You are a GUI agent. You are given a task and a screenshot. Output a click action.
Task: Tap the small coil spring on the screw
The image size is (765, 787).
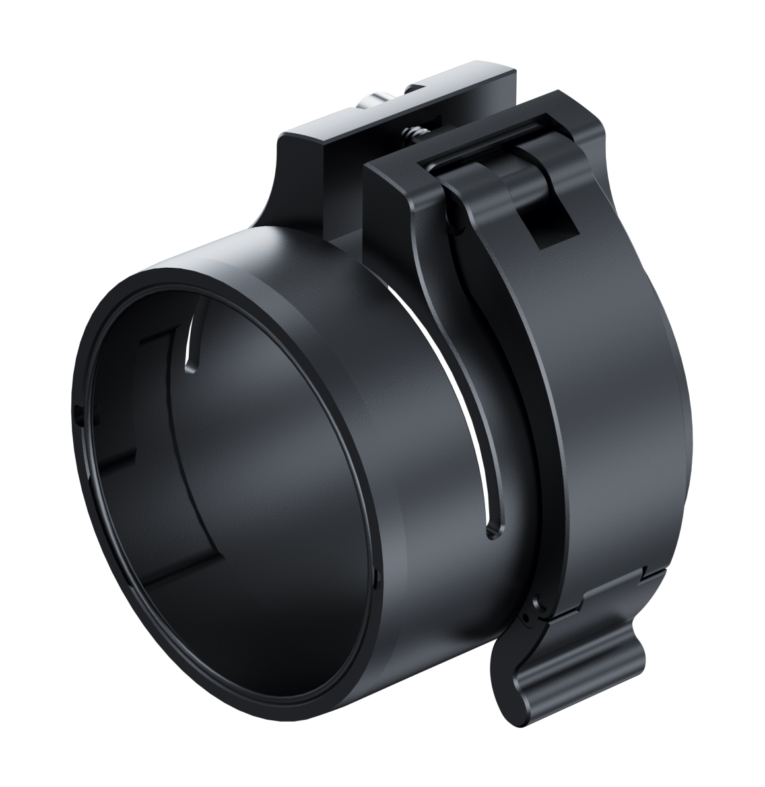point(410,133)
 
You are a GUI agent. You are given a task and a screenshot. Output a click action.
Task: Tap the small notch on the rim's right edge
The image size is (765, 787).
point(375,577)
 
